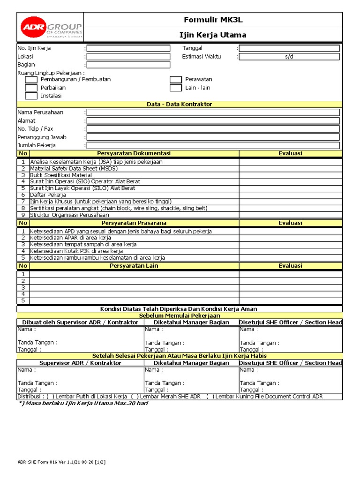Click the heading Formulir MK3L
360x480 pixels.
click(213, 19)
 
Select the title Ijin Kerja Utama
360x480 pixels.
click(213, 35)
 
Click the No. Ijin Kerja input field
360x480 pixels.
click(128, 48)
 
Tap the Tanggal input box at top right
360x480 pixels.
click(289, 48)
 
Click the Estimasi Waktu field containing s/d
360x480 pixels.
click(289, 57)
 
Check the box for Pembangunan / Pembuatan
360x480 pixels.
click(31, 80)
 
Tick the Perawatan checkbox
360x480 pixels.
click(176, 80)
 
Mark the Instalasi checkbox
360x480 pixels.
click(31, 96)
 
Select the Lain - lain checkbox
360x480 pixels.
click(176, 88)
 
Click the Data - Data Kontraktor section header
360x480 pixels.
click(180, 104)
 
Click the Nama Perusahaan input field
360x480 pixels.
click(213, 112)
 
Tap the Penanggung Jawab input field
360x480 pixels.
click(213, 137)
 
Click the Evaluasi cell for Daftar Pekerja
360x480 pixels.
click(291, 195)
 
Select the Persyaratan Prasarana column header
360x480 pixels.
click(134, 223)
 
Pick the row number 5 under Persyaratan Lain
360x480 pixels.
click(23, 300)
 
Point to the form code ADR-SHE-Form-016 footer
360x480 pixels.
click(61, 462)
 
